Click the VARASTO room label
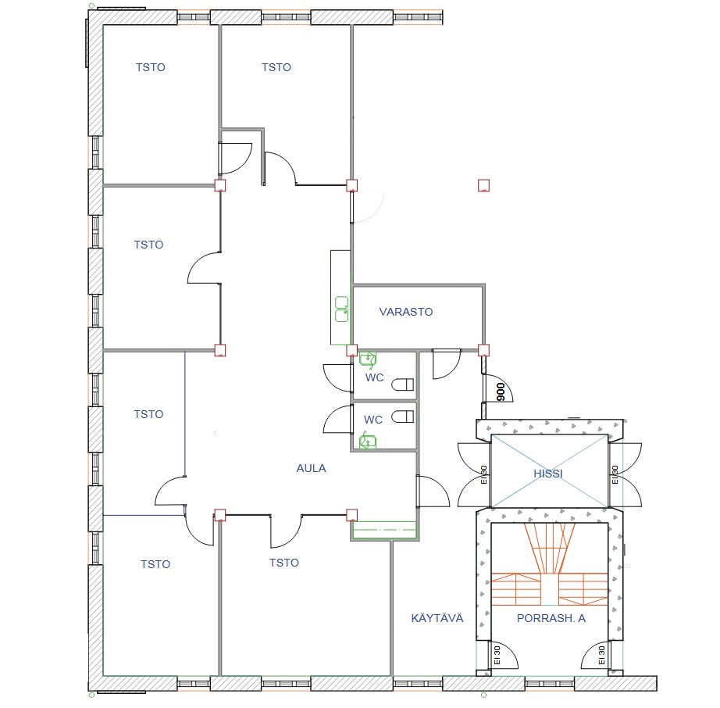(x=406, y=312)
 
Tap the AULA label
(x=311, y=468)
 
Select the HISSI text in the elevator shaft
(x=547, y=474)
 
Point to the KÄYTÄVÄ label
(x=437, y=618)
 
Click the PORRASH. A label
(x=551, y=618)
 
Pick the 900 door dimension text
(x=501, y=392)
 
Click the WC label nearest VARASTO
(x=374, y=377)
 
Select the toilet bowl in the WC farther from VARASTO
(x=402, y=417)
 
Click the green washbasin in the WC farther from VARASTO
(x=367, y=442)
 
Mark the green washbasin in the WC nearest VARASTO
(x=368, y=359)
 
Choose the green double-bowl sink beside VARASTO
(x=341, y=309)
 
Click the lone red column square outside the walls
(x=483, y=185)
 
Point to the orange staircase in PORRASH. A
(x=550, y=564)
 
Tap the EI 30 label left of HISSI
(x=483, y=474)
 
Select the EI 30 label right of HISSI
(x=615, y=474)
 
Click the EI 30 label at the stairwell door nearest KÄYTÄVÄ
(x=497, y=655)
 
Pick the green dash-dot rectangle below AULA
(x=384, y=530)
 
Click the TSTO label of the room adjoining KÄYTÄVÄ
(x=283, y=563)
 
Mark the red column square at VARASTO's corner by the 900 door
(x=483, y=351)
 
